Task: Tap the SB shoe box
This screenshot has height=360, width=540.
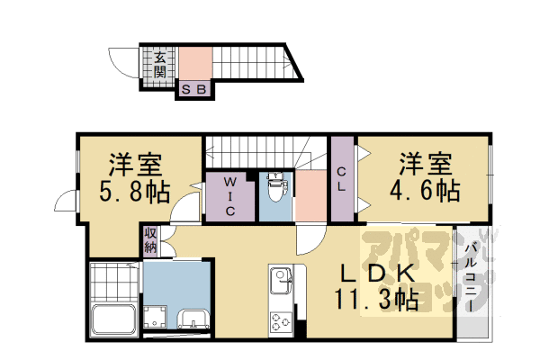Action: [194, 89]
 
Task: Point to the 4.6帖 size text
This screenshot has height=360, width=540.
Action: [425, 190]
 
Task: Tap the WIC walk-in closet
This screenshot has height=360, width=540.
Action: [229, 195]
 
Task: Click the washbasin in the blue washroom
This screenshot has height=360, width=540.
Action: [193, 319]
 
